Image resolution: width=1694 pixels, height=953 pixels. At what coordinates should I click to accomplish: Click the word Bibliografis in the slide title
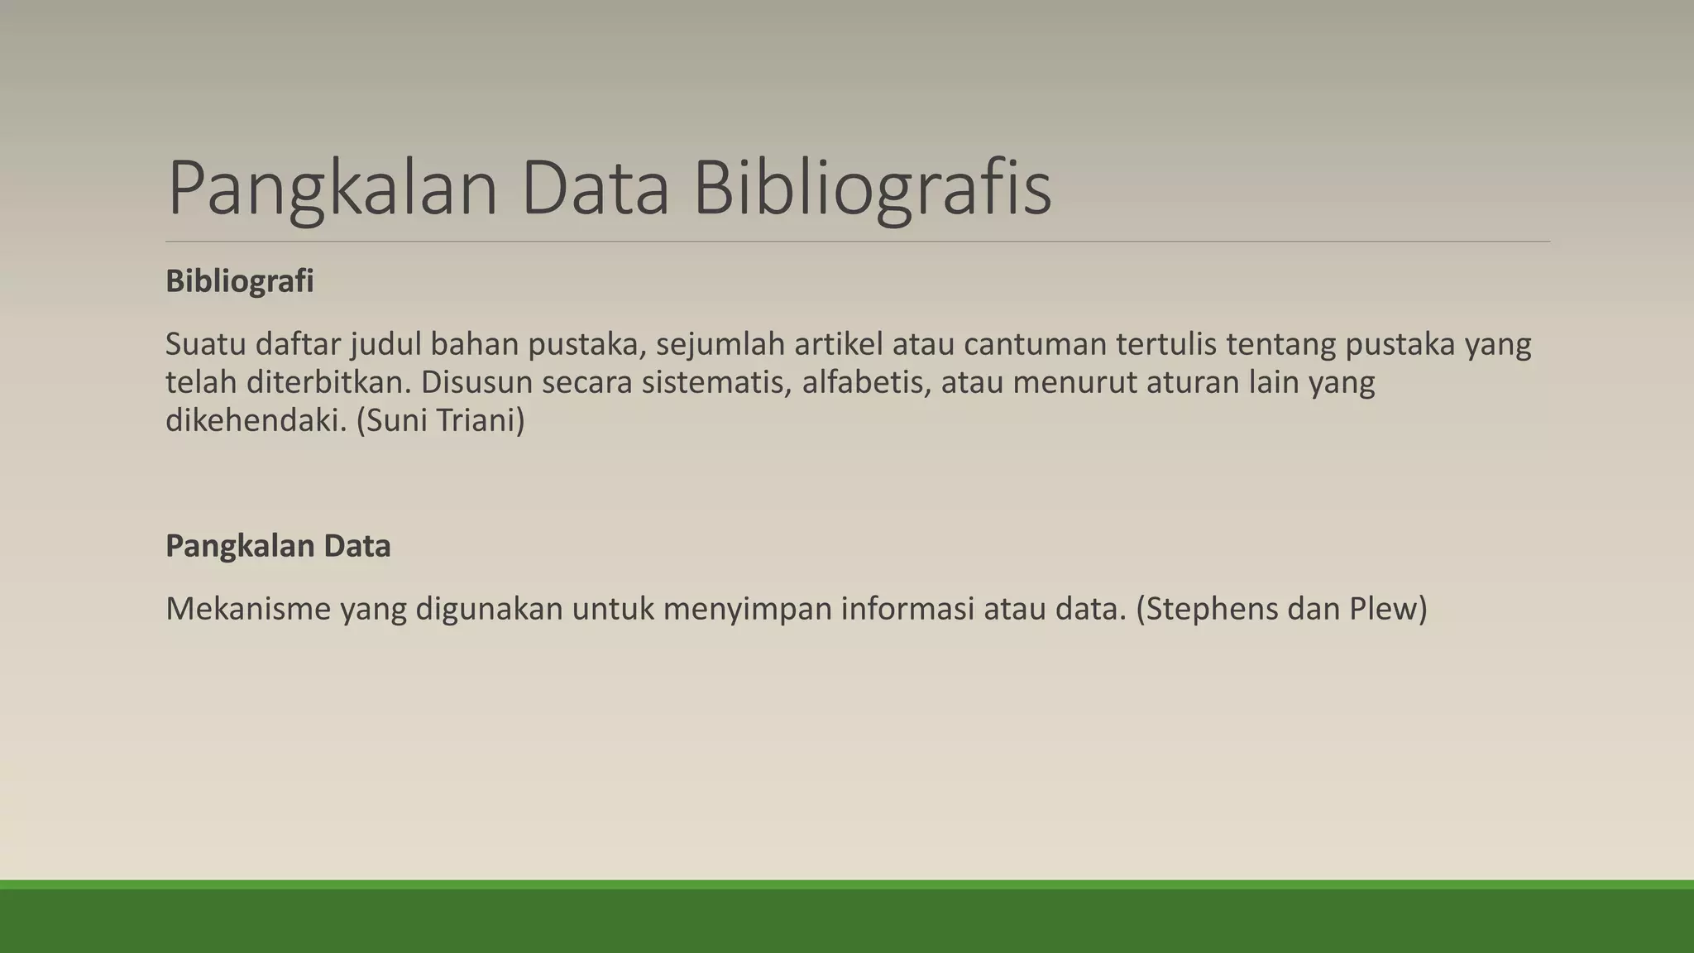click(872, 189)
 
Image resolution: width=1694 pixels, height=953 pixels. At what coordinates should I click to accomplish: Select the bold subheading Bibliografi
click(240, 281)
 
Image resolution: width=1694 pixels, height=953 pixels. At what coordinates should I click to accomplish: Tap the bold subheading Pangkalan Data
click(278, 546)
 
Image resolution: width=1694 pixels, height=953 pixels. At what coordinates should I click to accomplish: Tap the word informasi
click(907, 609)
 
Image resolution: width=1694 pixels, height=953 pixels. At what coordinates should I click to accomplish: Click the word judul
click(385, 344)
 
